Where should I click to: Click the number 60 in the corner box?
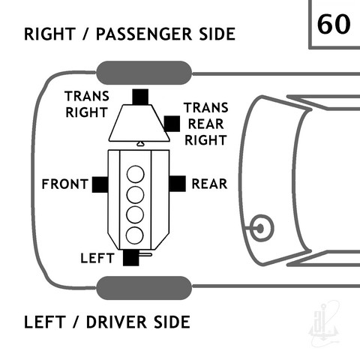pos(334,24)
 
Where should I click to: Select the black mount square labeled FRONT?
pos(100,184)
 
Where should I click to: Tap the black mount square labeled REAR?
pos(178,184)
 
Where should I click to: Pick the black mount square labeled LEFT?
pos(130,258)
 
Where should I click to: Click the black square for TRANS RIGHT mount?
pos(140,97)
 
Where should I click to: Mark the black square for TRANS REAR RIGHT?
pos(172,124)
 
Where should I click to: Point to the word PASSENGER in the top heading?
pos(144,34)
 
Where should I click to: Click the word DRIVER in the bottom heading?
pos(116,322)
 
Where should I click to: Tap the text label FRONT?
pos(65,184)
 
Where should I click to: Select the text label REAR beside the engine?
pos(209,184)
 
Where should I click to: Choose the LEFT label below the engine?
pos(97,258)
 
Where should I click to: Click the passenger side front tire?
pos(144,73)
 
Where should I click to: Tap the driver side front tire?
pos(144,288)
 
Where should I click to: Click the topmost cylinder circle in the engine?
pos(136,174)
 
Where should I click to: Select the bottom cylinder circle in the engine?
pos(135,235)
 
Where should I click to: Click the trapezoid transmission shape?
pos(139,123)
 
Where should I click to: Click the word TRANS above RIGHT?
pos(87,96)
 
